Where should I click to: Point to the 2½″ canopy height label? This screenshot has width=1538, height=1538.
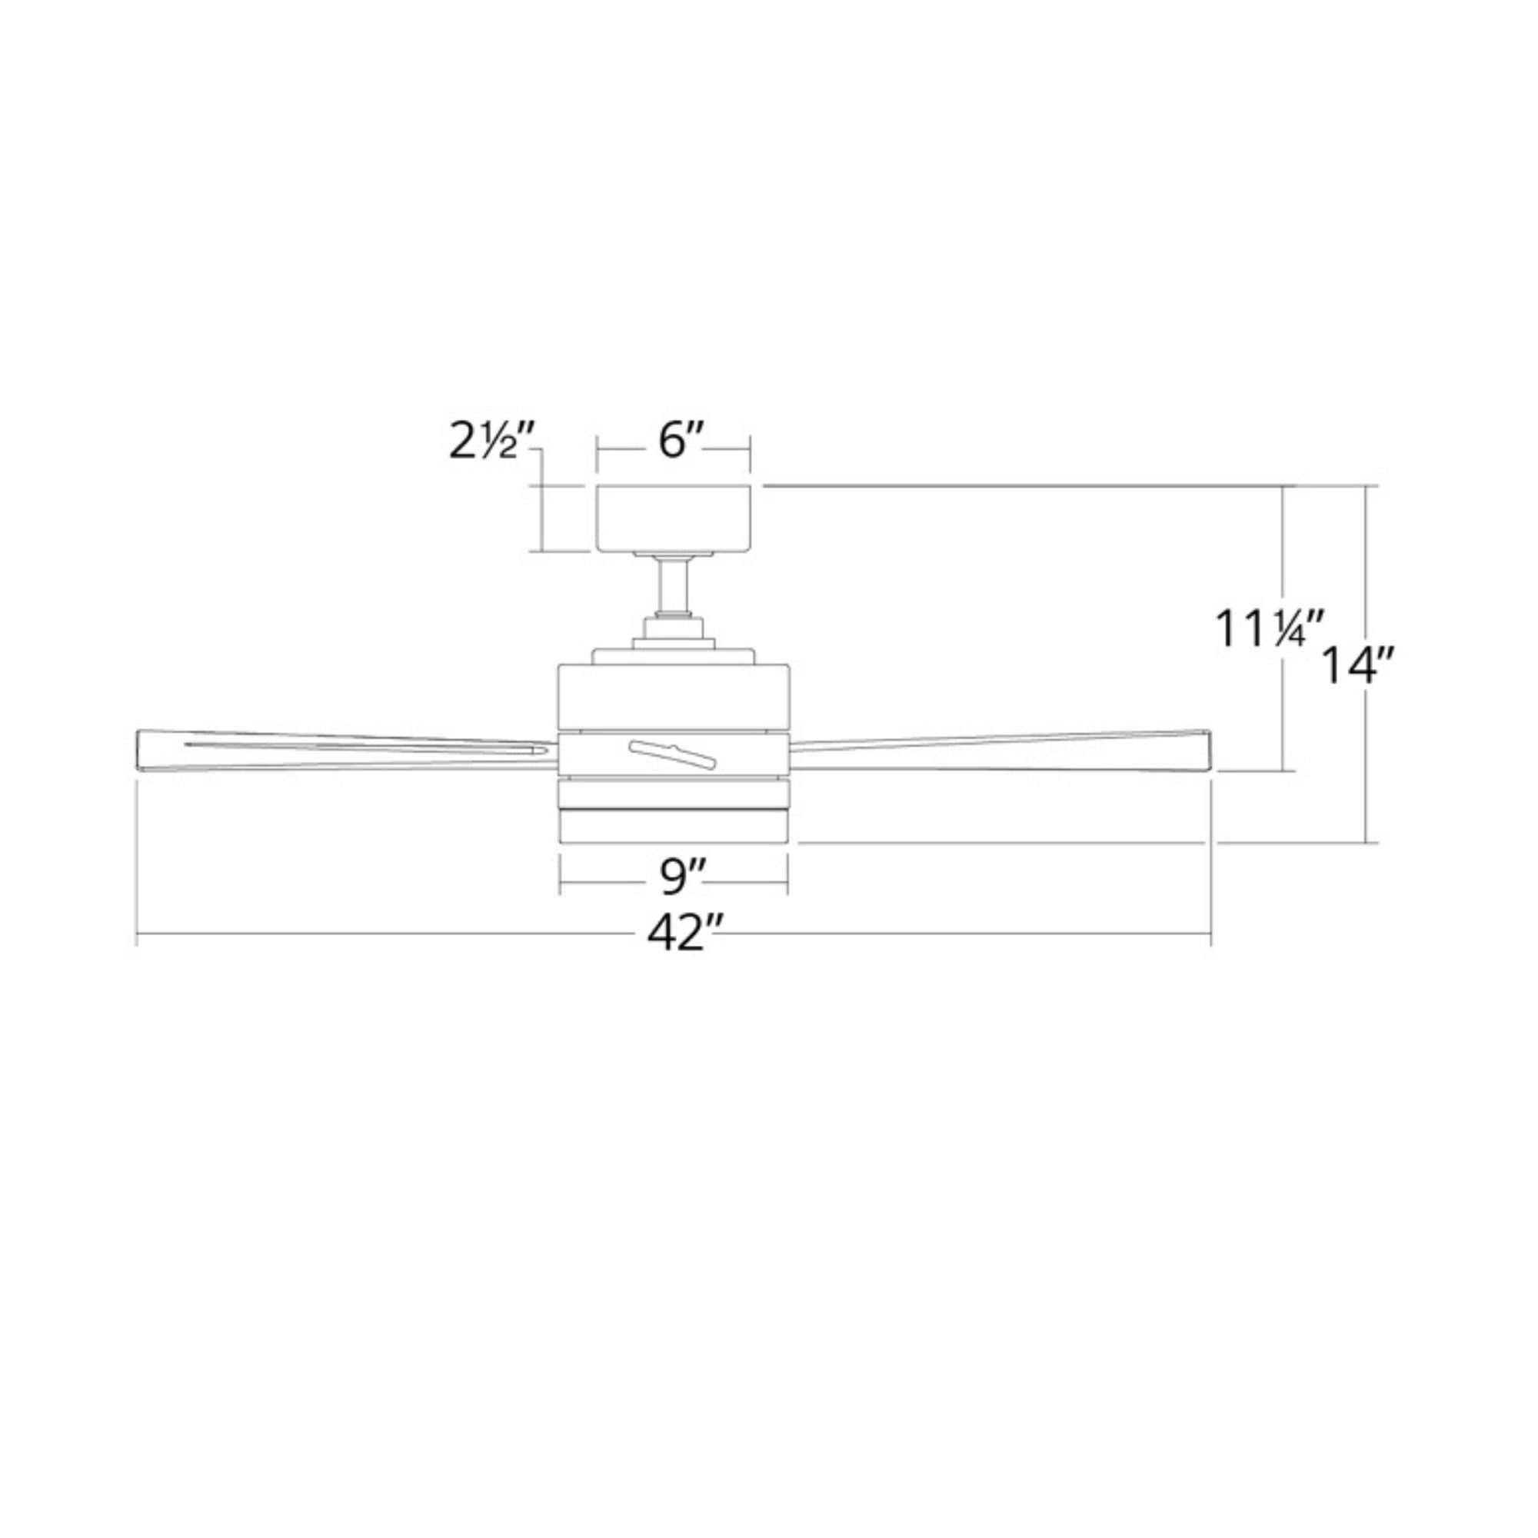tap(489, 443)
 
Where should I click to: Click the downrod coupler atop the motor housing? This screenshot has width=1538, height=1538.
tap(674, 631)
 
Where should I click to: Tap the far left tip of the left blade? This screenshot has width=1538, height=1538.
tap(142, 751)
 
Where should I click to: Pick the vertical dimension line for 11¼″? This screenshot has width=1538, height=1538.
tap(1283, 558)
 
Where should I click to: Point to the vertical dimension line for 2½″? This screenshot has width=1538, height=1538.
tap(541, 518)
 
